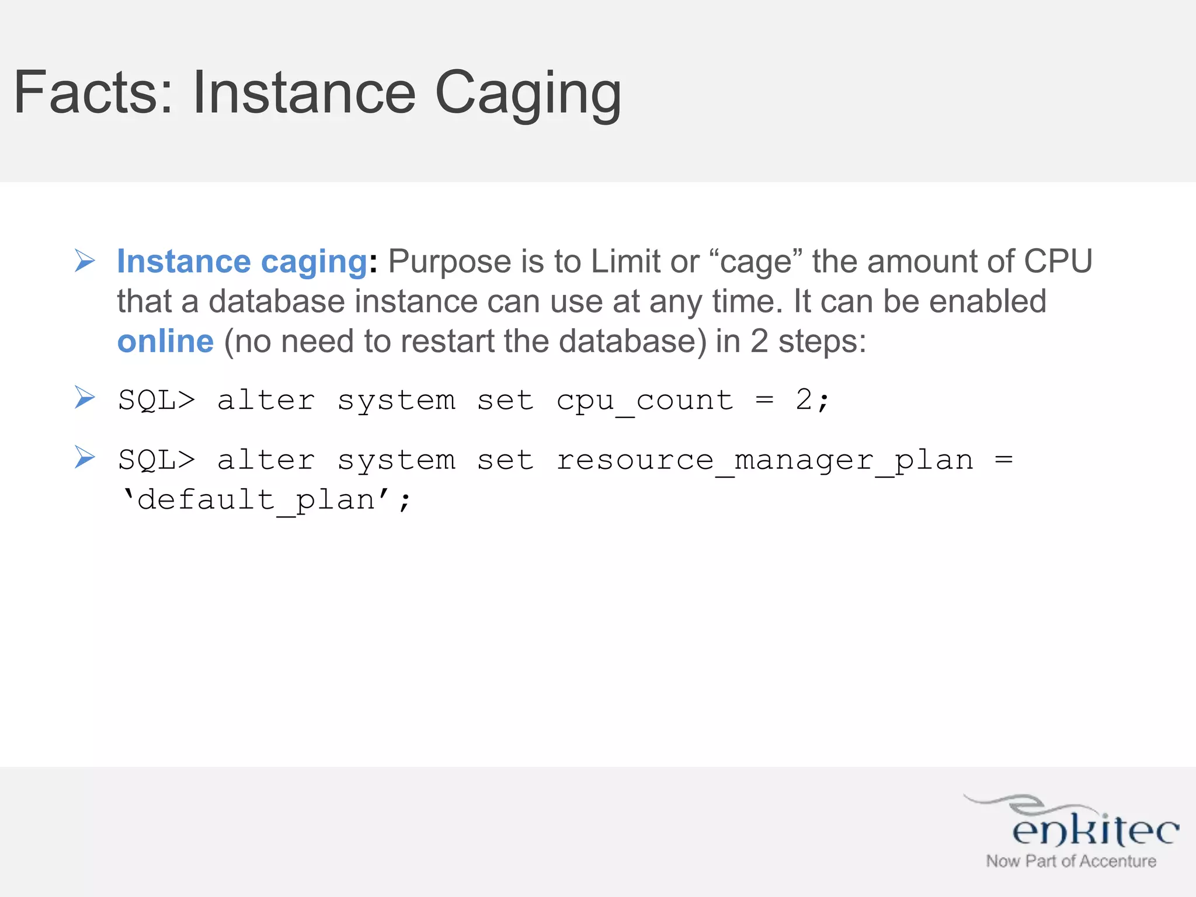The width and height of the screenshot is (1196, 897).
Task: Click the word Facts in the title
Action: click(x=93, y=92)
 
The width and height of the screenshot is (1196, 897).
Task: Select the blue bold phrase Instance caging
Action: click(x=242, y=261)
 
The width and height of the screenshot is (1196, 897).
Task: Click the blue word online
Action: click(x=165, y=341)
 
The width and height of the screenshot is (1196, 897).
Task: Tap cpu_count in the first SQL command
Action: click(x=645, y=401)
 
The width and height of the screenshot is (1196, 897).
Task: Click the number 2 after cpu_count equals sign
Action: click(x=804, y=400)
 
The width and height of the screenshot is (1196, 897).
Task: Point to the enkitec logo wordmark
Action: click(x=1095, y=829)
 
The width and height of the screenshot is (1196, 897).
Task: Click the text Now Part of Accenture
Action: click(x=1071, y=861)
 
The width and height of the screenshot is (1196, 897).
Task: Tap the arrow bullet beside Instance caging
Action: click(x=85, y=260)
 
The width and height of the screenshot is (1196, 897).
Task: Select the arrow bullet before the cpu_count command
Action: click(x=85, y=398)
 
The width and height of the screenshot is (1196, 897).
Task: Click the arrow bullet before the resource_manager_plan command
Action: click(x=85, y=457)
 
